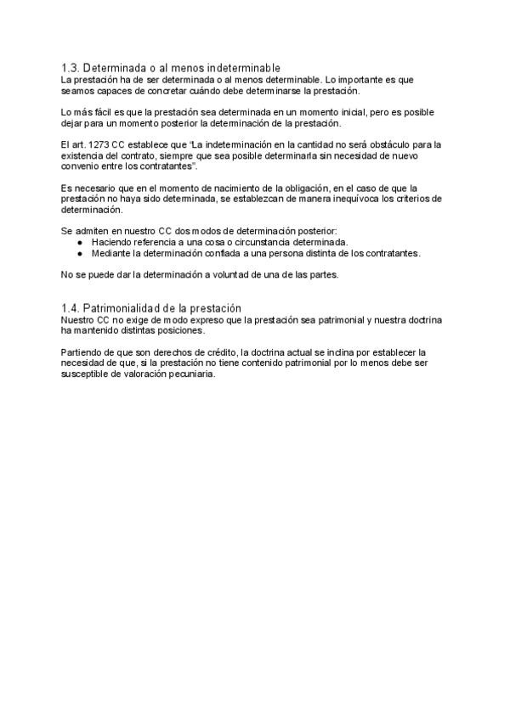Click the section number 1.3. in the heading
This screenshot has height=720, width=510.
[71, 68]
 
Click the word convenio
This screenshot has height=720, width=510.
[81, 166]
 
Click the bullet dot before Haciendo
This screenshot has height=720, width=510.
[79, 243]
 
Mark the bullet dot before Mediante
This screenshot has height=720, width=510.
[79, 254]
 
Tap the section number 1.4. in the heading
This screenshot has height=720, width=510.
[71, 307]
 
